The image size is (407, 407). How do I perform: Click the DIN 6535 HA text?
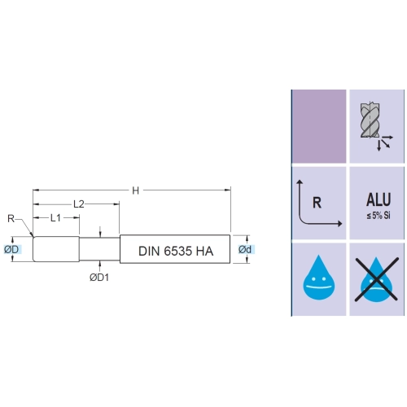pos(176,251)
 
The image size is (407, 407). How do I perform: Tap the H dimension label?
pos(136,190)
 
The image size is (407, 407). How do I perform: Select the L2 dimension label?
pos(79,203)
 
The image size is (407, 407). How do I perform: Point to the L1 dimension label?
pos(55,217)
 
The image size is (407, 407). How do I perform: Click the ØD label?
pos(11,249)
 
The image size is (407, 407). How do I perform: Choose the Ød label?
pos(245,249)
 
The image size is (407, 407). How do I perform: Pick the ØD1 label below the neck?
pos(99,278)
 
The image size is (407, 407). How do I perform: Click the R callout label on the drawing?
pos(11,218)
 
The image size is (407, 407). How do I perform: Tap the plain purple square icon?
pos(319,126)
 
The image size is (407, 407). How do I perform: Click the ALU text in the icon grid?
pos(379,199)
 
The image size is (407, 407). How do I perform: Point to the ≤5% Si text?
pos(379,216)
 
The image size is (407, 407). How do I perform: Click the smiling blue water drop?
pos(319,278)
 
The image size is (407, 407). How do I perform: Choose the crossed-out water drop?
pos(377,279)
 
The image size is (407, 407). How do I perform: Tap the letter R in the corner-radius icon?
pos(317,203)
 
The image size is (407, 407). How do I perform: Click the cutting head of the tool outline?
pos(56,249)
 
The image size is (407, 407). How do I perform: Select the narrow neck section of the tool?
pos(99,249)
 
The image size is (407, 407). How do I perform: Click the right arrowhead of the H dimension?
pos(228,190)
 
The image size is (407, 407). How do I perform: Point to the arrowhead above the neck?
pos(100,235)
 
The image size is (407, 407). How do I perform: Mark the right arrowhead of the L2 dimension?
pos(116,203)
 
